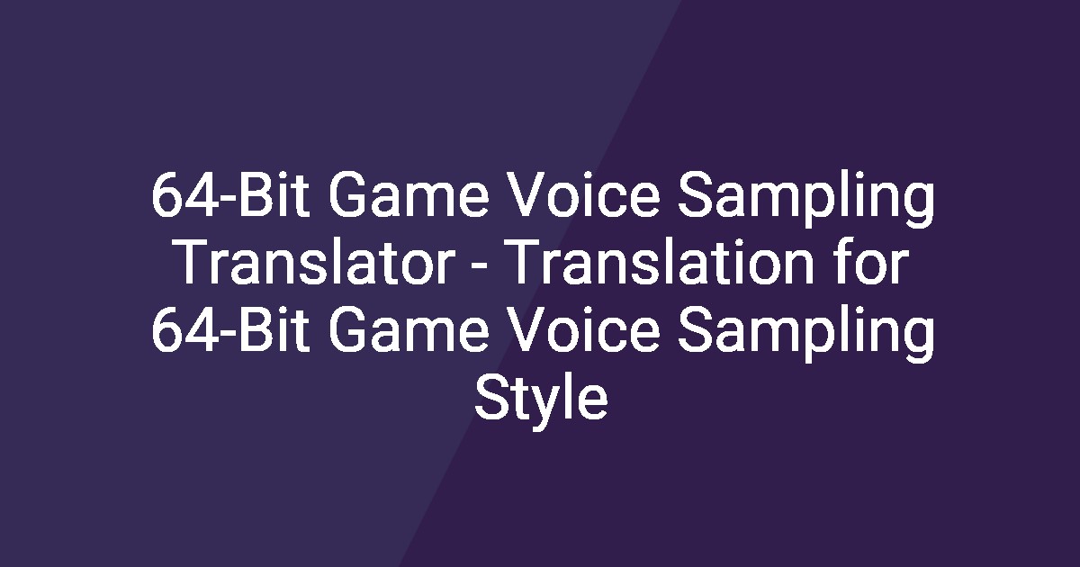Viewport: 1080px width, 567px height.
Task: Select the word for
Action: (873, 265)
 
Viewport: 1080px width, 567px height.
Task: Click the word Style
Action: (541, 401)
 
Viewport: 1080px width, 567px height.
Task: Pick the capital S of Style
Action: (491, 401)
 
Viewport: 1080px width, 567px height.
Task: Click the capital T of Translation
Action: (526, 265)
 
